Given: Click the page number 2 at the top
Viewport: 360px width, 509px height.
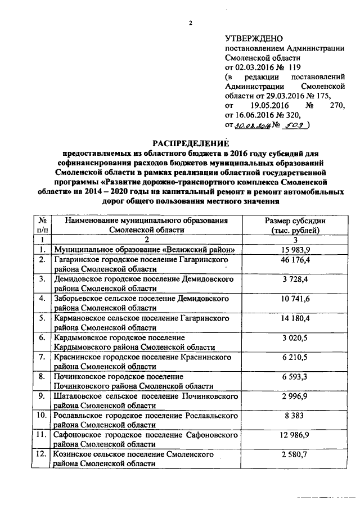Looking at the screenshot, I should click(x=190, y=23).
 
